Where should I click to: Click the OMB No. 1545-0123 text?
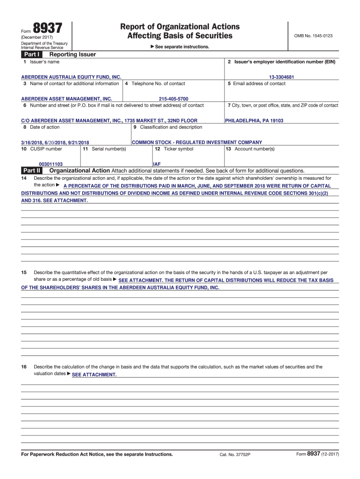[x=313, y=36]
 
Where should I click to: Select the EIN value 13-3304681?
[x=281, y=77]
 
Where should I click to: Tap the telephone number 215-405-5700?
[x=173, y=99]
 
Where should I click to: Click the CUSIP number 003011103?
[x=50, y=164]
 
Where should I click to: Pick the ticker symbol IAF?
[x=157, y=164]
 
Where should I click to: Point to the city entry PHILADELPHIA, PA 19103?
[x=254, y=121]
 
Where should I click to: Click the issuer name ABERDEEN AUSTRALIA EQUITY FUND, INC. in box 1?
[x=71, y=77]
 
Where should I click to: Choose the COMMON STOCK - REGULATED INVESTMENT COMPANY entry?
[x=197, y=142]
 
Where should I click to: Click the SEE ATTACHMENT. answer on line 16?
[x=94, y=375]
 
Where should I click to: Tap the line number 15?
[x=24, y=272]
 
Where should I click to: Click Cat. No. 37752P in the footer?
[x=235, y=455]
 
